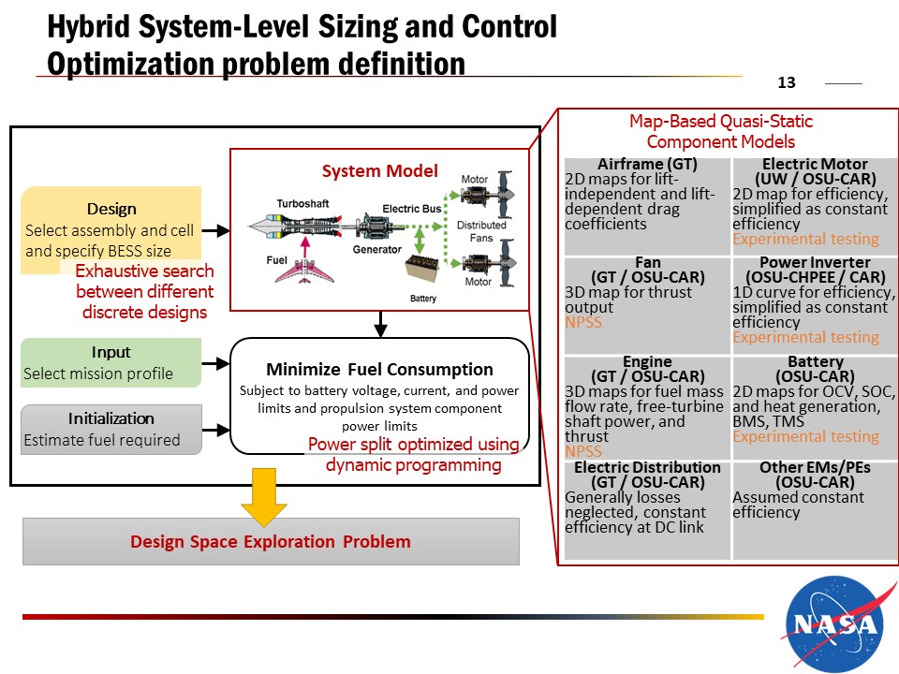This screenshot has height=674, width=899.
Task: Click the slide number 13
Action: (x=787, y=83)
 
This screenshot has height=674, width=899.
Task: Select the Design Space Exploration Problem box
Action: (x=271, y=541)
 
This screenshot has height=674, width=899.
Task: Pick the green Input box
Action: (x=111, y=362)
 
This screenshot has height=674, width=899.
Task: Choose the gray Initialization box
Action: (x=111, y=429)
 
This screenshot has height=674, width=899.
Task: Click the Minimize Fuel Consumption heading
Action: (x=379, y=369)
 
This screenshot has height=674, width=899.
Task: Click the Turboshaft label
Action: (x=301, y=203)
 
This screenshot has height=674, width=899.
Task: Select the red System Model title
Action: (x=379, y=171)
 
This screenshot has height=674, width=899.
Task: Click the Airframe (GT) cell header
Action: (x=647, y=165)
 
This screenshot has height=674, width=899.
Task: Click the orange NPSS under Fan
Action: (x=583, y=322)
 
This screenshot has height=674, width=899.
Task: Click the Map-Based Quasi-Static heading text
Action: (x=721, y=122)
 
